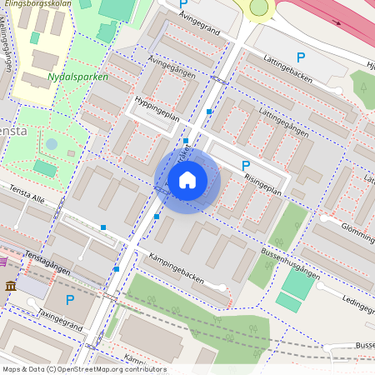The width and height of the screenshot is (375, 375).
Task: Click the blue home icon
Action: point(187,180)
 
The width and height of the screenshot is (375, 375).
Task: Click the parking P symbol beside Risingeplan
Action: point(246,167)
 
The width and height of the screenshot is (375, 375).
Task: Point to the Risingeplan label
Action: point(264,184)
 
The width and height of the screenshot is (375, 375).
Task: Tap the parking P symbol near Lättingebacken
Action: point(301,57)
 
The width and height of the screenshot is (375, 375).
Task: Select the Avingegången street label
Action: point(172,67)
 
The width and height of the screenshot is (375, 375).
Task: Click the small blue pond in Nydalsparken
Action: point(52,144)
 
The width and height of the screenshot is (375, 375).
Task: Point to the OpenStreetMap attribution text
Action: point(83,369)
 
